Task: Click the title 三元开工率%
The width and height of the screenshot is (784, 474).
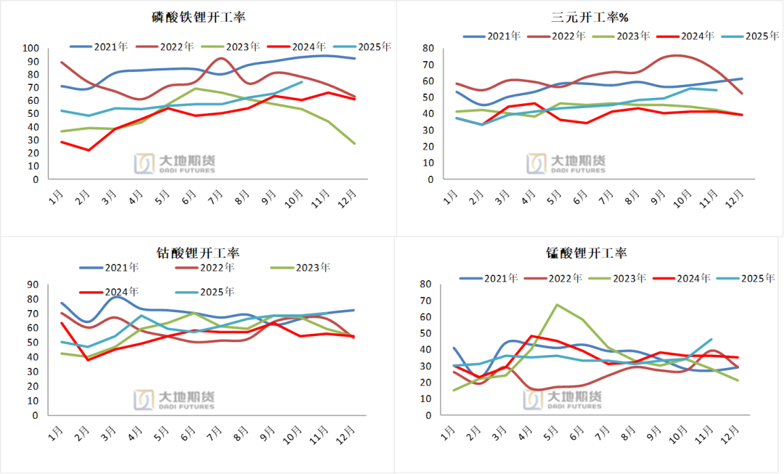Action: pyautogui.click(x=589, y=17)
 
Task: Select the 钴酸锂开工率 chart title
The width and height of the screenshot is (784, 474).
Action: pyautogui.click(x=198, y=253)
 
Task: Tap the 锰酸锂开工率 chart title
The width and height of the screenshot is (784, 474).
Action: pyautogui.click(x=587, y=253)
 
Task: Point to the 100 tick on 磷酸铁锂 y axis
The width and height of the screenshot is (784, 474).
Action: pyautogui.click(x=30, y=48)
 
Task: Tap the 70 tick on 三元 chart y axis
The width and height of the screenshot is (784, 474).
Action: pyautogui.click(x=429, y=65)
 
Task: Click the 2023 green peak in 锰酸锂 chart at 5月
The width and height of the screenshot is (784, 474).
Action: pyautogui.click(x=557, y=305)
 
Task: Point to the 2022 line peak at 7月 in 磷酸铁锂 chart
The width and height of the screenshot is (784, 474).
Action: pyautogui.click(x=222, y=58)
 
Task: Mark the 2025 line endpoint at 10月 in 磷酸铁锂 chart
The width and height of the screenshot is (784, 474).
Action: pyautogui.click(x=302, y=82)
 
